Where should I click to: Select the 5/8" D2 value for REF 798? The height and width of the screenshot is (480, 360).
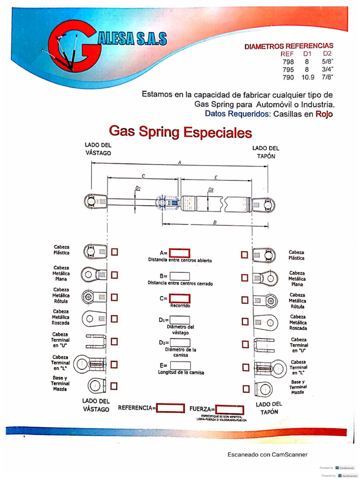point(327,61)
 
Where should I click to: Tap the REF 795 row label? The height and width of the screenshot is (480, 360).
point(288,69)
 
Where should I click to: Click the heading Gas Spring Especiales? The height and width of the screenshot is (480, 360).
point(180,131)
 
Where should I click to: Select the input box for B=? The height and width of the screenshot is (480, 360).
point(180,277)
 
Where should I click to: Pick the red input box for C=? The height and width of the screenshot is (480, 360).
point(180,298)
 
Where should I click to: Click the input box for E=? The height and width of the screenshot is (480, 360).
point(180,366)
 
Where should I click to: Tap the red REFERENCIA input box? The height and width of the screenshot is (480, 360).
point(170,408)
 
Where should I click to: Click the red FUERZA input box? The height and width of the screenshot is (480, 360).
point(230,409)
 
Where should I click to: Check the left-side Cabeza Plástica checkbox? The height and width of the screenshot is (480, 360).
point(115,252)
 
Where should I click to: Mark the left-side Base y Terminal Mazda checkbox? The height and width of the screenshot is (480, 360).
point(114,386)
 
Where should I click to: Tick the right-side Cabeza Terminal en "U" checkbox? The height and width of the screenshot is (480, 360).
point(245,345)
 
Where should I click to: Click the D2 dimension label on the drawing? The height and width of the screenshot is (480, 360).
point(211,190)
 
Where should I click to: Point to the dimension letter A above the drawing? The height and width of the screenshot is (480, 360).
point(180,162)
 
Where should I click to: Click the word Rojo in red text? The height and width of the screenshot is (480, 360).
point(324,113)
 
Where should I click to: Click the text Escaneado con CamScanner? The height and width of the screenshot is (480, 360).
point(268,454)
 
